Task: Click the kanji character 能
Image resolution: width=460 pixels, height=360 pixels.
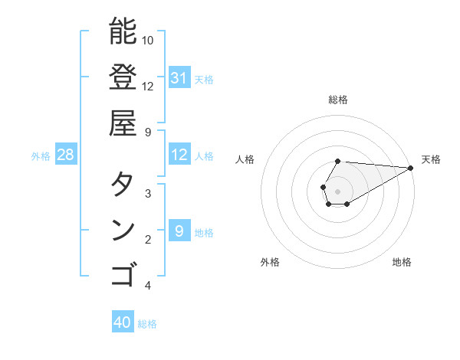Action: click(123, 31)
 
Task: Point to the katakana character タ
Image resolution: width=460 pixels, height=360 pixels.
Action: click(123, 184)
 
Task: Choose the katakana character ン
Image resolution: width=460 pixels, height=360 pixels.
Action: click(123, 230)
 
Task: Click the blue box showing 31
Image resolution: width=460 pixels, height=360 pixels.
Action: click(179, 78)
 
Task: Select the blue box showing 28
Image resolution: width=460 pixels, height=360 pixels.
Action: click(66, 155)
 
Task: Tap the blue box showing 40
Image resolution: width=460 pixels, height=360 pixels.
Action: click(123, 323)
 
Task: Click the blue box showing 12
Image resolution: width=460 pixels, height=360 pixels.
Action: click(179, 155)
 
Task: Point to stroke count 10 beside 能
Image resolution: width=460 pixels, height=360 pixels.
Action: click(148, 40)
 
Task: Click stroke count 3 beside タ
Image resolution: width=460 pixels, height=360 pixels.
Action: click(148, 194)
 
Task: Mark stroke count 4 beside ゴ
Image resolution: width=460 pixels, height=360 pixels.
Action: click(148, 286)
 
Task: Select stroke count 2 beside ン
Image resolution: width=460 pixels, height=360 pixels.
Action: click(148, 240)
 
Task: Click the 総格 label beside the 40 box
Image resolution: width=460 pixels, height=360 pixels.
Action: click(147, 324)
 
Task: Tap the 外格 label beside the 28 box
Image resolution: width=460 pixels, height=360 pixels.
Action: click(41, 156)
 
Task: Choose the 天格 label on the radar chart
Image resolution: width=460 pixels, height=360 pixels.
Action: click(431, 159)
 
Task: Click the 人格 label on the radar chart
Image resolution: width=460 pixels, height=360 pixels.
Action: click(245, 159)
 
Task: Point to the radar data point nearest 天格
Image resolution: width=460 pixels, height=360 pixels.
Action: click(411, 168)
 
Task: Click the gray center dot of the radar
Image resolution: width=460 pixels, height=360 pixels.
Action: click(338, 191)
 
